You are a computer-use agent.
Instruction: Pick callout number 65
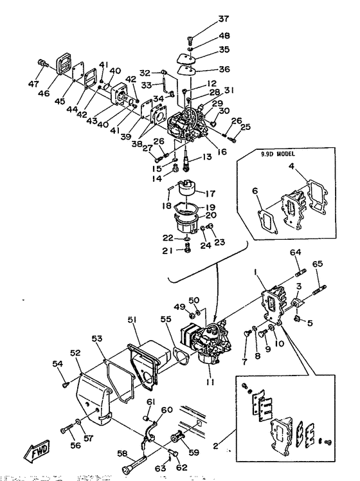(x=316, y=263)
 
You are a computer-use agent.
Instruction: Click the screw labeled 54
(x=66, y=385)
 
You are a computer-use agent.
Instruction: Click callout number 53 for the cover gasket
(x=98, y=338)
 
